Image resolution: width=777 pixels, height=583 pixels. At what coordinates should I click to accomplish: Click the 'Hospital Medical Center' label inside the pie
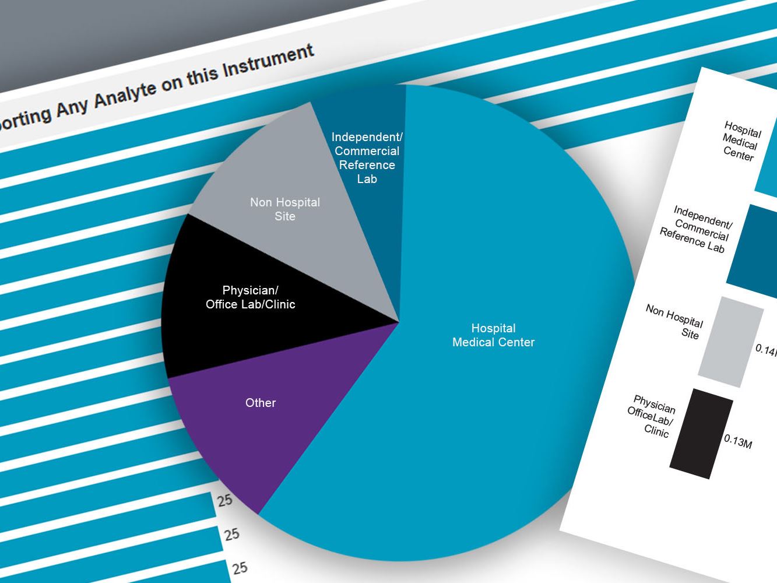pyautogui.click(x=493, y=335)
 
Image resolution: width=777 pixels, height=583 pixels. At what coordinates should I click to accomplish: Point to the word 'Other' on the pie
pyautogui.click(x=261, y=403)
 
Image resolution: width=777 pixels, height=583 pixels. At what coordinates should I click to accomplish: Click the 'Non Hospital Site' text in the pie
pyautogui.click(x=285, y=209)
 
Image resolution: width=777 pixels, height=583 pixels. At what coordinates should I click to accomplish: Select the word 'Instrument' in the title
pyautogui.click(x=268, y=63)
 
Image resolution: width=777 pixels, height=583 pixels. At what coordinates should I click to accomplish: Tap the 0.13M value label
pyautogui.click(x=738, y=441)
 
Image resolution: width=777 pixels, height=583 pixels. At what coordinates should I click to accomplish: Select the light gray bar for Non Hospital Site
pyautogui.click(x=731, y=342)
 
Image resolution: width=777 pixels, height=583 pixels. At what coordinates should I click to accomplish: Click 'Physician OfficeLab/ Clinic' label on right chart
pyautogui.click(x=652, y=416)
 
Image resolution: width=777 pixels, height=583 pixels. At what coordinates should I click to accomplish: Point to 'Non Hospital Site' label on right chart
pyautogui.click(x=676, y=321)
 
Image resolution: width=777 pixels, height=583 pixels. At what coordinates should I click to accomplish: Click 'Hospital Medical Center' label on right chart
pyautogui.click(x=741, y=141)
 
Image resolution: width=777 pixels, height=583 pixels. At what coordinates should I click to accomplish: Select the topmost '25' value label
pyautogui.click(x=225, y=500)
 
